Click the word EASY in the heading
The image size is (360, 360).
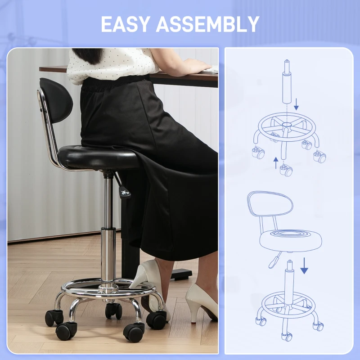pos(125,24)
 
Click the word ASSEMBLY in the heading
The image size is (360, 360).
pos(208,24)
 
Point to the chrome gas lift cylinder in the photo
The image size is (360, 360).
pos(108,229)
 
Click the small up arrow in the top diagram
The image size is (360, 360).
pos(276,163)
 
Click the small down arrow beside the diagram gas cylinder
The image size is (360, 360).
pos(296,104)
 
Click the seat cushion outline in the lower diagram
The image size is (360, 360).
pos(291,241)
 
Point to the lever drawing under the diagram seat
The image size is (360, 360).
pos(274,260)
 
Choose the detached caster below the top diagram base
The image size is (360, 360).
pos(286,171)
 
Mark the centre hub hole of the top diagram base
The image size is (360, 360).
pos(287,125)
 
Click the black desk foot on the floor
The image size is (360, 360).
pos(181,274)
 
